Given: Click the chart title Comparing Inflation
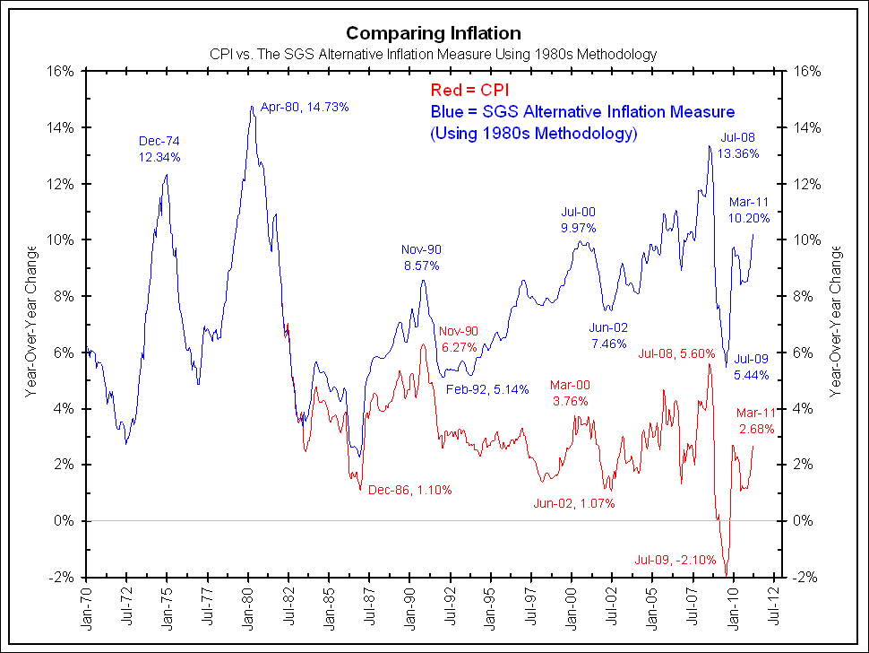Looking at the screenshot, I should coord(434,33).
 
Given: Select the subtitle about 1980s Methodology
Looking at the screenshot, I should coord(434,55).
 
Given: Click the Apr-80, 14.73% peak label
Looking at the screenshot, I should coord(305,107).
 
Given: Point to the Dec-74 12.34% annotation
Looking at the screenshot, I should coord(159,149).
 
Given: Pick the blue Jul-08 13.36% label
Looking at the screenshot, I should coord(740,145).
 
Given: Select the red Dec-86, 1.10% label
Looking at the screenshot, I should coord(409,491).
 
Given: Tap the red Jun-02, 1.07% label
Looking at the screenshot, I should coord(573,503).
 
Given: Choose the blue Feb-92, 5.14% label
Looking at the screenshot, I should coord(487,389).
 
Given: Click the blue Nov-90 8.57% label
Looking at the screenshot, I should coord(421,257).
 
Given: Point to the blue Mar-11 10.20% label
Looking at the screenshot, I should coord(749,210).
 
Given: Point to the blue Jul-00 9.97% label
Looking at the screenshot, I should coord(579,220).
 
